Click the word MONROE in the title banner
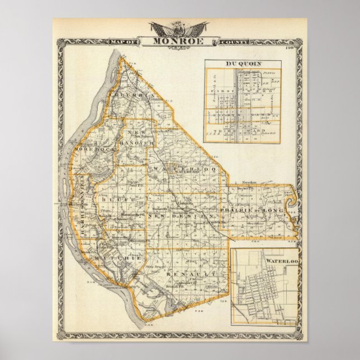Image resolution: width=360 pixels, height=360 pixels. coord(179,41)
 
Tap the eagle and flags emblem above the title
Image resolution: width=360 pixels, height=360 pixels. coord(179,28)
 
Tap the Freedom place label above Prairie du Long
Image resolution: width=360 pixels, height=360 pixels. coord(250,183)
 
